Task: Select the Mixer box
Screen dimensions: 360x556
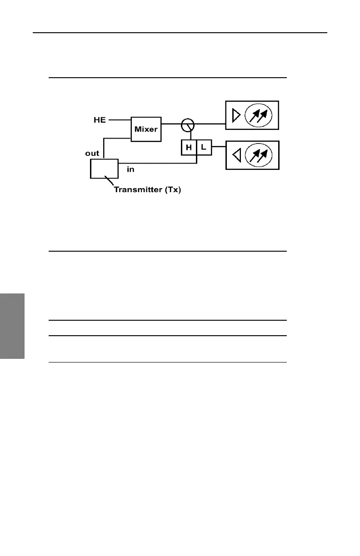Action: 146,129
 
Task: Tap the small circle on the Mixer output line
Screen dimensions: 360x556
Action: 187,124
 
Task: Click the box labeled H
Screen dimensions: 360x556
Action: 189,148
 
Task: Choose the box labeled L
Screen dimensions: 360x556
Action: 204,148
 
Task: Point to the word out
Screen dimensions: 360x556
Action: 92,153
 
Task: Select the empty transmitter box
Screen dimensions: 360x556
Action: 104,169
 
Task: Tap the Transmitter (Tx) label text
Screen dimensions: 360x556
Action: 147,190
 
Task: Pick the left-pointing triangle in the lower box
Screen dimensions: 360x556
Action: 236,156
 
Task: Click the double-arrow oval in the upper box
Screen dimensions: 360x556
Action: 258,116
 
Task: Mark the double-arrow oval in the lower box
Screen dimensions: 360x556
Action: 258,156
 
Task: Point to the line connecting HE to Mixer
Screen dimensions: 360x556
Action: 120,120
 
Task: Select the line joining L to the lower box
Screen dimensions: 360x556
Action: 219,147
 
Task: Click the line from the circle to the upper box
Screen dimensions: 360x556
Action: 210,124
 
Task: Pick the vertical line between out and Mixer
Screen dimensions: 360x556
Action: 104,148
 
